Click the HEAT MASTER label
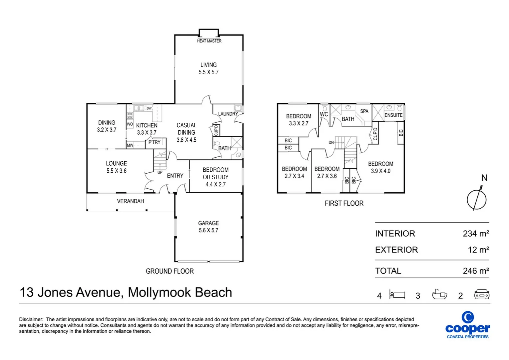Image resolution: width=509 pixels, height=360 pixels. coord(209,41)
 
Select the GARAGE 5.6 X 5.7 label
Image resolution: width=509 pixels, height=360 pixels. coord(209,227)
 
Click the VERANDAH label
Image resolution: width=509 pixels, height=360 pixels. coord(131,201)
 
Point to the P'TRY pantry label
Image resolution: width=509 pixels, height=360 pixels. coord(154,142)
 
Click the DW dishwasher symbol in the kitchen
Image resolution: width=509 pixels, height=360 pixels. coord(149,108)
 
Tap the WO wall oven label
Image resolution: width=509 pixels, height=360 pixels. coord(130,124)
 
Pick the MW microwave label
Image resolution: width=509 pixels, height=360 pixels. coord(130,145)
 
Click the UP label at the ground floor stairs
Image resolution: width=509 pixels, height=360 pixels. coord(160,172)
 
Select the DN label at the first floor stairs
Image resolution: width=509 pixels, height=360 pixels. coord(331,143)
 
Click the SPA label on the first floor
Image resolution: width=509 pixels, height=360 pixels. coord(364,111)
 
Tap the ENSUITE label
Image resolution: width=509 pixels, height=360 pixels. coord(393,115)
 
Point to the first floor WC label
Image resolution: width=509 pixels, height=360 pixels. coord(324,114)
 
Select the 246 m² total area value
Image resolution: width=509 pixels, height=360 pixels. coord(476,271)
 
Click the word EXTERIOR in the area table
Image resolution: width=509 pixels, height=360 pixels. coord(396,250)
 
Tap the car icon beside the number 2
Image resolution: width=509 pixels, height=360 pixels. coord(482,294)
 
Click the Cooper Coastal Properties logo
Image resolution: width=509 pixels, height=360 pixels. coord(468,325)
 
